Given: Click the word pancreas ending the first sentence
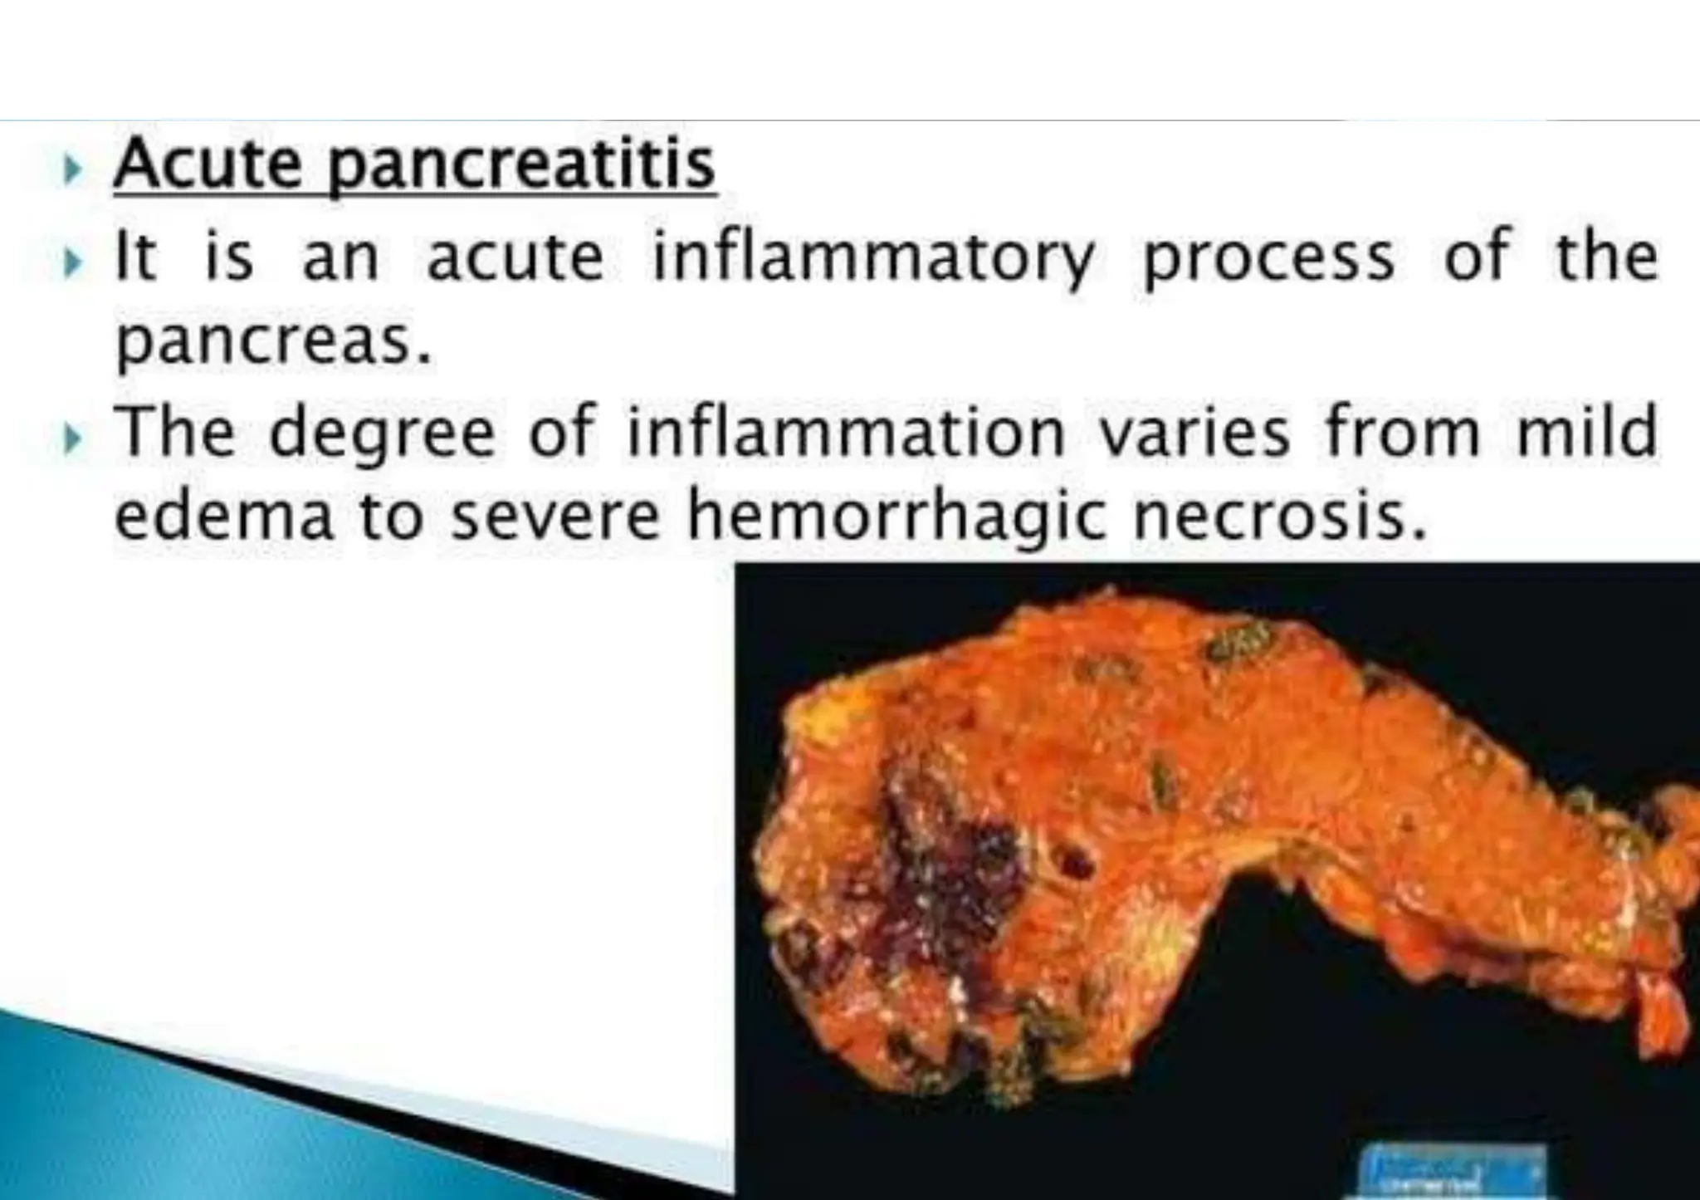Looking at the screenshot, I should (x=273, y=344).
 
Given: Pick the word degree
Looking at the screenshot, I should (x=383, y=434).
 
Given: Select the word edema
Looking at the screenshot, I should (x=223, y=517).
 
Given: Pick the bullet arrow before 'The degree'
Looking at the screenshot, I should (x=73, y=434).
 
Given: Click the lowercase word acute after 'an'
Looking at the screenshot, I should (x=515, y=258).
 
